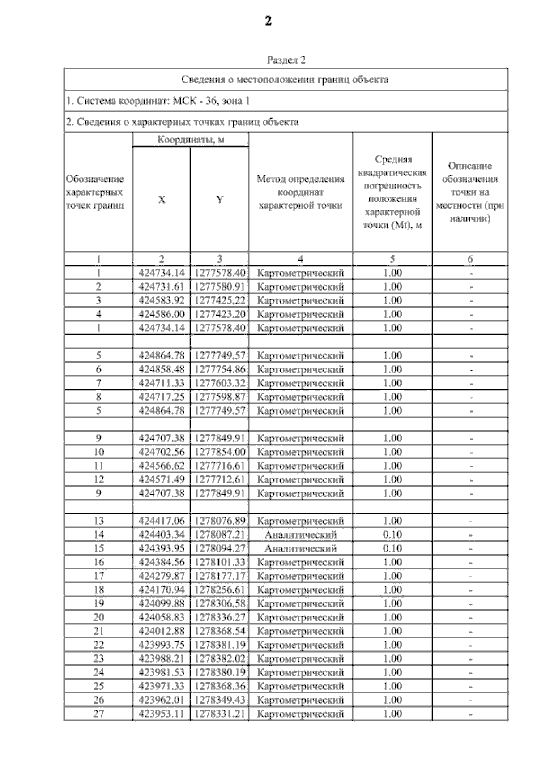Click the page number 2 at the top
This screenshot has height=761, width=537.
pos(268,21)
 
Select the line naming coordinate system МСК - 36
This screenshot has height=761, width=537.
pos(158,101)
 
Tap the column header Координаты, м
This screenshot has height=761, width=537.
pos(191,140)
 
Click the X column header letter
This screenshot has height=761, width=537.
pos(162,200)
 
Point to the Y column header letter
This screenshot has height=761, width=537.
pos(219,200)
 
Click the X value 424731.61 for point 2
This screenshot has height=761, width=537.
pos(162,286)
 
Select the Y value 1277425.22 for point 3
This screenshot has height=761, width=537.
pos(220,300)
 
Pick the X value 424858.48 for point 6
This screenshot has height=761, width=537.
pos(162,369)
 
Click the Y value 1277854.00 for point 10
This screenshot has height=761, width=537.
pos(220,452)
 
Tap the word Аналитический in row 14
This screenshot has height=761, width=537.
pos(300,534)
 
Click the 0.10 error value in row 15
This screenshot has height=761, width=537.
pos(392,548)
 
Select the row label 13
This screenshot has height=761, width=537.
pos(98,521)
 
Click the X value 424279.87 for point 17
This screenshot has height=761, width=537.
pos(162,576)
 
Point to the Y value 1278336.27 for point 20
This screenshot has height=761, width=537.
pos(220,617)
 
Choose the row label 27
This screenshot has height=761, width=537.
pos(98,714)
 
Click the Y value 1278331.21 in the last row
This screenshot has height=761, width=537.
pos(220,714)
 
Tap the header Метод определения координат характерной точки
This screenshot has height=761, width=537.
pos(300,192)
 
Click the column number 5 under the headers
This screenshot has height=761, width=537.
pos(392,259)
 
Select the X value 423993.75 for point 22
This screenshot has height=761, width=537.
pos(162,645)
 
